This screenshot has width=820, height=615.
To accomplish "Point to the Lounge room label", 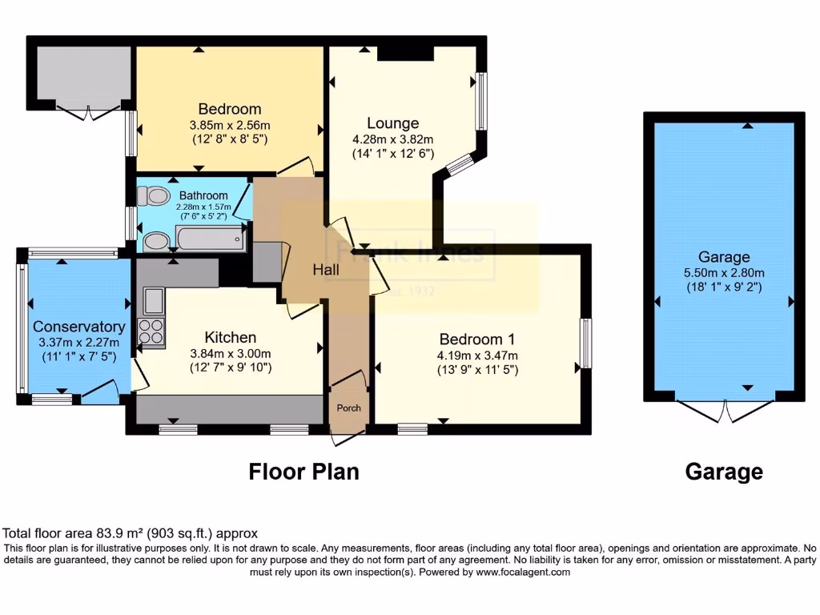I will [392, 123].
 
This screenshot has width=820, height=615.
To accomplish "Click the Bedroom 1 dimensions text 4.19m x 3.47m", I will [476, 356].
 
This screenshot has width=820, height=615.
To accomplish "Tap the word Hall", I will [326, 270].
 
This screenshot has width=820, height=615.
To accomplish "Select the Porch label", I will [348, 408].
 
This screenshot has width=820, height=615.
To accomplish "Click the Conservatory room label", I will [78, 327].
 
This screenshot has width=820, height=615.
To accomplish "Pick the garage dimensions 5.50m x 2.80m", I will [723, 273].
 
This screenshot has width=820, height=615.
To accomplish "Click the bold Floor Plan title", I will [303, 472].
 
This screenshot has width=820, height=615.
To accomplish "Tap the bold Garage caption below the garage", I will [723, 472].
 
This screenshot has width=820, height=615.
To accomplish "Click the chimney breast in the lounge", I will [404, 53].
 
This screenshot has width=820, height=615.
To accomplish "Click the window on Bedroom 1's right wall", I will [586, 344].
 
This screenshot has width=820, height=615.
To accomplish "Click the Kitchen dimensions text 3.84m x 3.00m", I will [230, 353].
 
